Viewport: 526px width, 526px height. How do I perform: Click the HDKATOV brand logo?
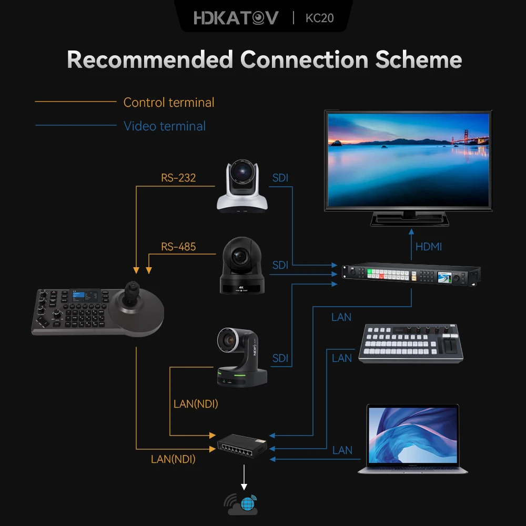tap(236, 18)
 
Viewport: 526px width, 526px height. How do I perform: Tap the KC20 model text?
tap(319, 18)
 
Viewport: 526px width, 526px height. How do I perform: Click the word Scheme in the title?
tap(418, 60)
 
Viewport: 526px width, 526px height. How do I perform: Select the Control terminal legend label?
tap(169, 102)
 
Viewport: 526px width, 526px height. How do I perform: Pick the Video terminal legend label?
tap(164, 126)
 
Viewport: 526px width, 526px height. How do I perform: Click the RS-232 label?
tap(178, 178)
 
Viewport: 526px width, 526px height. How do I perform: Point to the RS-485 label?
tap(178, 246)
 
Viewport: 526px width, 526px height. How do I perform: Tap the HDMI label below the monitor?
tap(429, 246)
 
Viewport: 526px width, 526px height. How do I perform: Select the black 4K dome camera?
tap(242, 266)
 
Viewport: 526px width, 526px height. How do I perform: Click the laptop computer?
tap(413, 439)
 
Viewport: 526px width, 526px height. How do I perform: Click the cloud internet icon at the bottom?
tap(243, 504)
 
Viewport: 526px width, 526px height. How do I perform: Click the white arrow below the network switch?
tap(244, 479)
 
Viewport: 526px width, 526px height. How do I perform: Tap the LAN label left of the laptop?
tap(342, 450)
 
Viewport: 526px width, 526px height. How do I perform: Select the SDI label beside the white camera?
tap(280, 178)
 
